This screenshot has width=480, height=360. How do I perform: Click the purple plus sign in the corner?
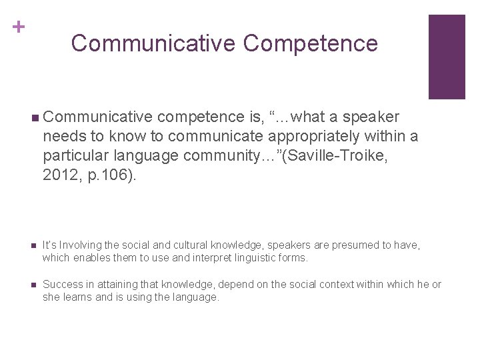click(x=19, y=27)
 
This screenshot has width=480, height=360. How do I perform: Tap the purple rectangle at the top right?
click(x=446, y=57)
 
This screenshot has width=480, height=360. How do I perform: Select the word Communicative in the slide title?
click(x=153, y=43)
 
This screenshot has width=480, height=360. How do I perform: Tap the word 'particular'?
click(x=75, y=155)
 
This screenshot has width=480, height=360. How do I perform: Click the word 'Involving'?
click(x=79, y=245)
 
